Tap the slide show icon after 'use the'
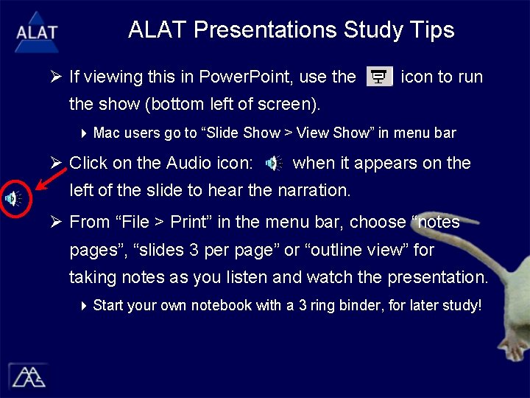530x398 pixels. click(379, 77)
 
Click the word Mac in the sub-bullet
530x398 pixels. click(107, 133)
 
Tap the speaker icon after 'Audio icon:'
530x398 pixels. click(272, 164)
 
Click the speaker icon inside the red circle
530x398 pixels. click(13, 198)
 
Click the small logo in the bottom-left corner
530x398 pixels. click(27, 376)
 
